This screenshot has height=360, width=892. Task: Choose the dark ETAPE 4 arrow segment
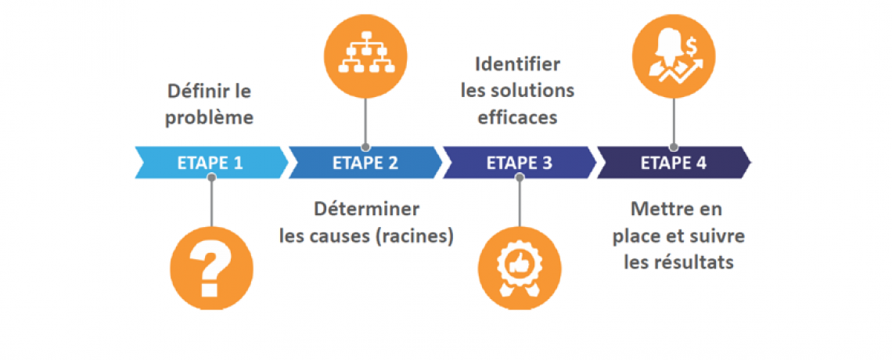pos(673,163)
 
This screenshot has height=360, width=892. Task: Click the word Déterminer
pos(367,210)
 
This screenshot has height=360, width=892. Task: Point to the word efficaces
pos(519,117)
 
